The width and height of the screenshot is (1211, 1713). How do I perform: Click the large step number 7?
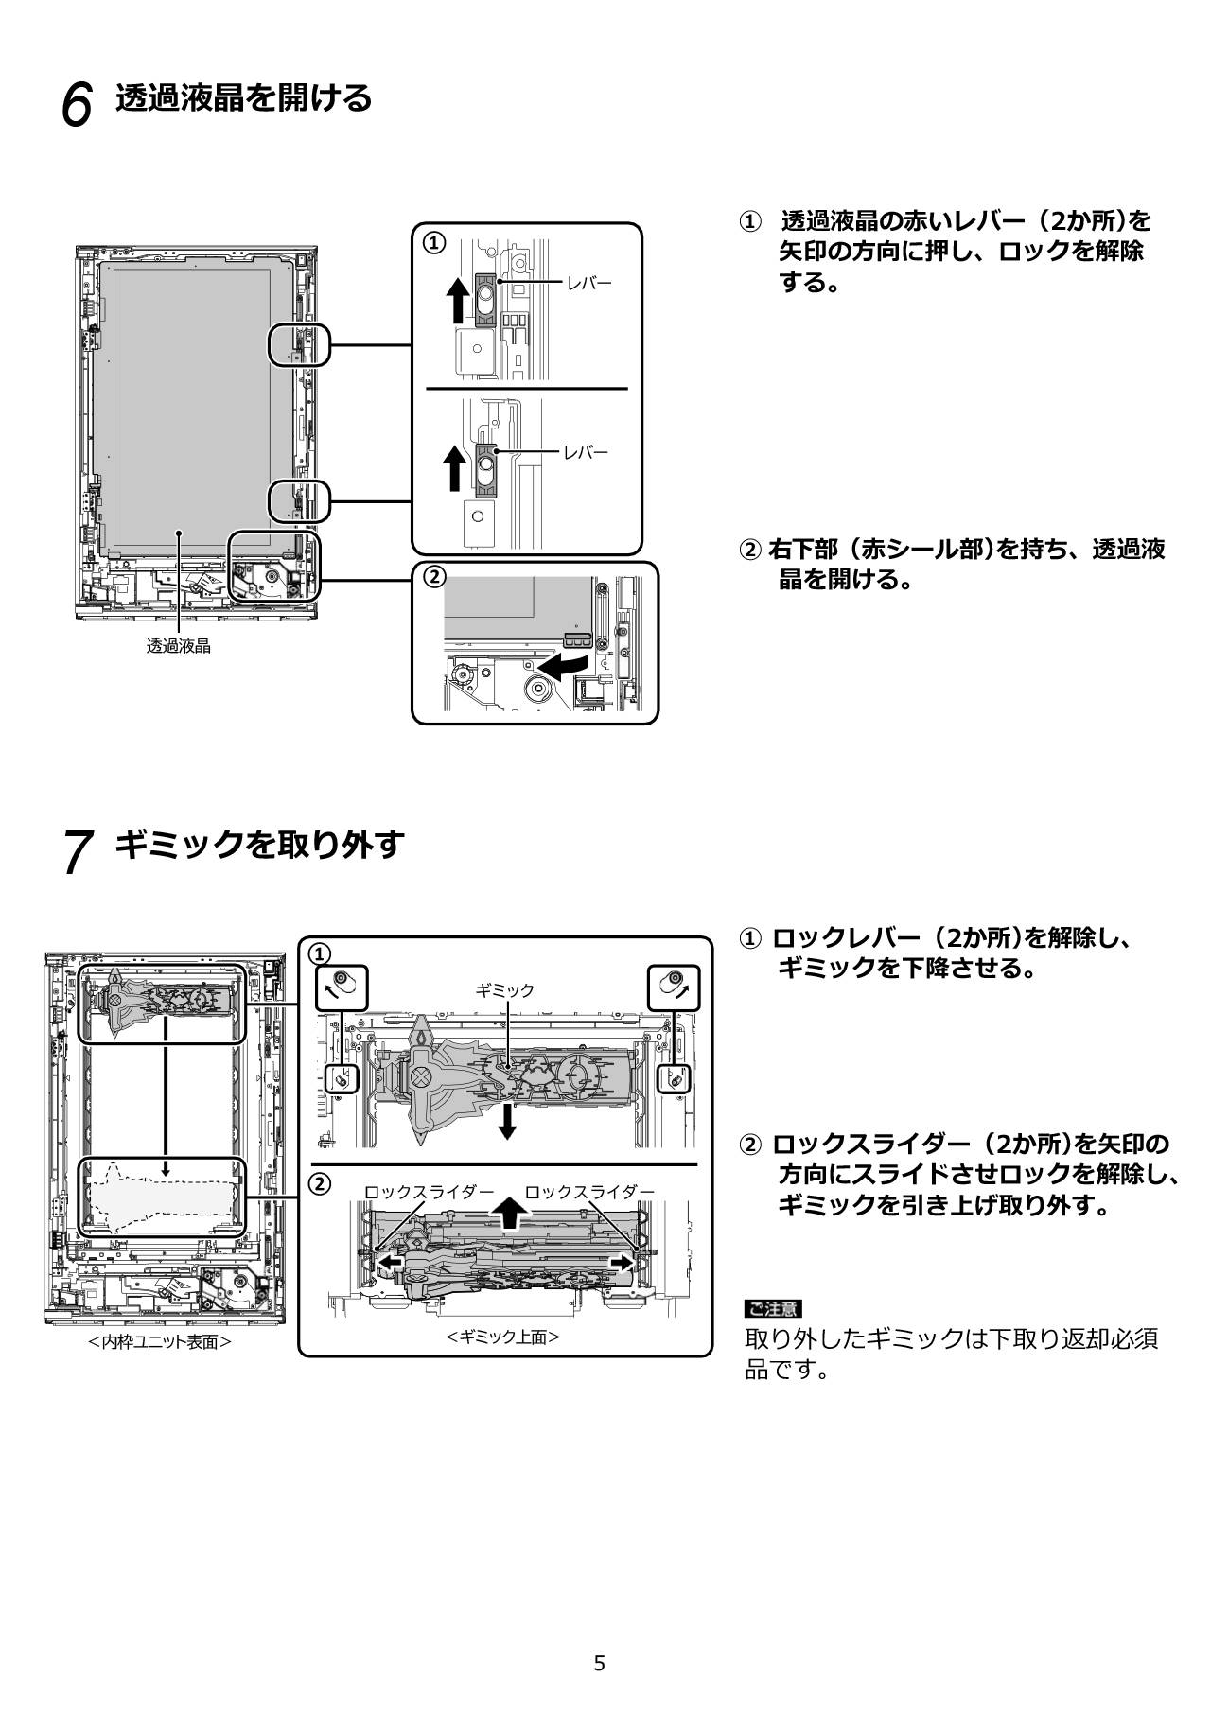(78, 850)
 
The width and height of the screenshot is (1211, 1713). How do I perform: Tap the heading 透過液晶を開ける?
(243, 97)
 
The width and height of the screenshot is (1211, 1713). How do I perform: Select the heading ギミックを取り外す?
(259, 844)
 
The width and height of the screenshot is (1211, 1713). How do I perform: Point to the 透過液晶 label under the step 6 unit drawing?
(178, 646)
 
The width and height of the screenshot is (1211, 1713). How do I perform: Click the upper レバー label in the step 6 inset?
(589, 283)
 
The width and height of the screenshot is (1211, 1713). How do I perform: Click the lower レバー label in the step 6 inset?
(587, 452)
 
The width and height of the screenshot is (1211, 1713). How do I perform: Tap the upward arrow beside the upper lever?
(458, 300)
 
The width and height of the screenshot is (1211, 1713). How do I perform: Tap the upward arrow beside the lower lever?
(456, 468)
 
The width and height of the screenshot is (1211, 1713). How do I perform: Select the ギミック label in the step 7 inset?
(504, 989)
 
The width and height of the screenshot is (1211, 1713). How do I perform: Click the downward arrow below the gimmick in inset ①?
(508, 1120)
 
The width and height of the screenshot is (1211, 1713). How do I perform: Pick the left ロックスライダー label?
(430, 1191)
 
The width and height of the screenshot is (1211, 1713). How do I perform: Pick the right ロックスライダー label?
(589, 1191)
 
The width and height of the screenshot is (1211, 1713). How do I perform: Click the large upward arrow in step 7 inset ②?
(509, 1212)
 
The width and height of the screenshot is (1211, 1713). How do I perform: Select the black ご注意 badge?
(772, 1309)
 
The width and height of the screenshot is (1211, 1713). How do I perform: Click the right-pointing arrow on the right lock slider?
(622, 1263)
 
